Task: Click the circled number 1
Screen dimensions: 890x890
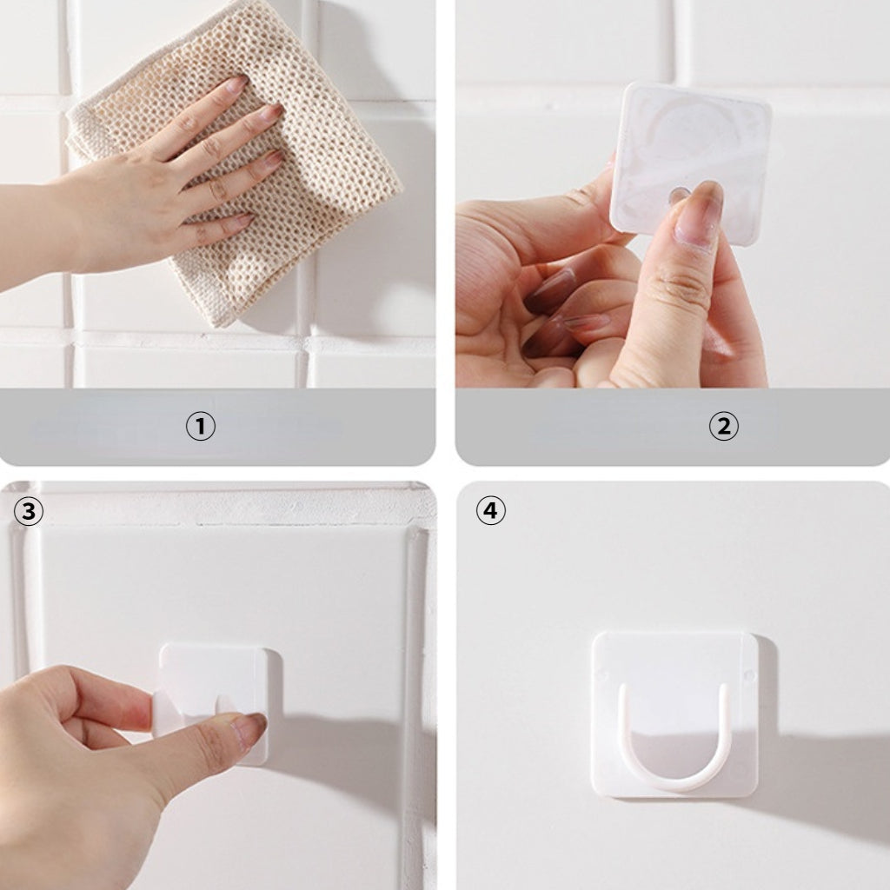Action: point(201,426)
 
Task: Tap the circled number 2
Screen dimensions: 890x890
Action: point(723,426)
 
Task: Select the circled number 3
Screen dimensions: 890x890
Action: point(29,511)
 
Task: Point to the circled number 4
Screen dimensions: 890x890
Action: point(490,511)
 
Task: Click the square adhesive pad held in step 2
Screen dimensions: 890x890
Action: point(689,162)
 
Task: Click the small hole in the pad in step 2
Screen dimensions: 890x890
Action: point(677,196)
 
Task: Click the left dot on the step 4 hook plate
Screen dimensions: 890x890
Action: point(601,674)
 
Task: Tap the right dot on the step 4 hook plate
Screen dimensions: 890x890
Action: point(748,674)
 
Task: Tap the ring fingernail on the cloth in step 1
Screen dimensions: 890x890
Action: point(273,158)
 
